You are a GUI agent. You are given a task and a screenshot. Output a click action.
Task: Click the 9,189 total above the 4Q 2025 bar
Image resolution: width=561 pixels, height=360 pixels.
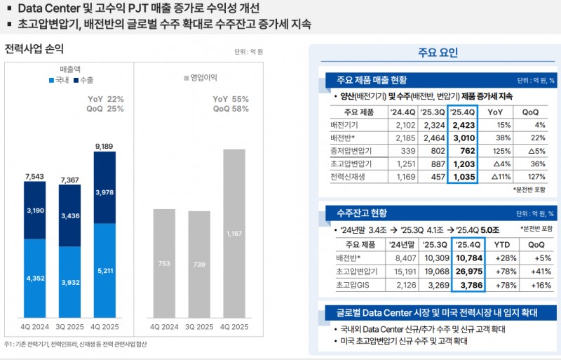point(104,146)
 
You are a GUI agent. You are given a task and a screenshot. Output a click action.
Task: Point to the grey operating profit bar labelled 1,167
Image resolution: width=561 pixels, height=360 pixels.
point(234,234)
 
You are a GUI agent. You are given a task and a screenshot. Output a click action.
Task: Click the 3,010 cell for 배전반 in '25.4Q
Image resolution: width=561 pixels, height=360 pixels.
point(464,138)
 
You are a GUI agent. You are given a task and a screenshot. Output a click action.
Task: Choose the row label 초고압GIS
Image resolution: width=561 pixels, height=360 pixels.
point(351,284)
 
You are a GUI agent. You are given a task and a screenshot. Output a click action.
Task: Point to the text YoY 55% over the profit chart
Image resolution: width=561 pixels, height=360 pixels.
point(231,99)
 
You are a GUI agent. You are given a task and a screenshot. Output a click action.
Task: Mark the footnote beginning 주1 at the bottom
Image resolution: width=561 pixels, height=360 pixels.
point(76,344)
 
